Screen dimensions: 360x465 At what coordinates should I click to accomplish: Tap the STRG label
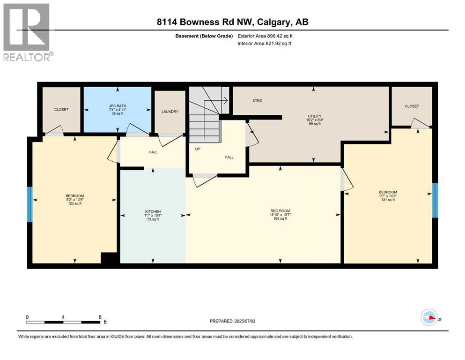tap(257, 101)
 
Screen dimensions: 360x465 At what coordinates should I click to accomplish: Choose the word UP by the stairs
tap(198, 149)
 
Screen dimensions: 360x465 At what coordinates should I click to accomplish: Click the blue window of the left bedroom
tap(30, 204)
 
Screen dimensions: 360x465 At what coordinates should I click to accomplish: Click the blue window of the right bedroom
tap(435, 200)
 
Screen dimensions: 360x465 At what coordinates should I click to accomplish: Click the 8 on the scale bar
tap(100, 317)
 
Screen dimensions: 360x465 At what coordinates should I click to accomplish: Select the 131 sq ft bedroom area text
tap(388, 200)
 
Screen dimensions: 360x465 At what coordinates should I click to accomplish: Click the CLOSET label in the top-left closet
tap(61, 109)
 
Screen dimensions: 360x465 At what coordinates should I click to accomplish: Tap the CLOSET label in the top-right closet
tap(412, 106)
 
